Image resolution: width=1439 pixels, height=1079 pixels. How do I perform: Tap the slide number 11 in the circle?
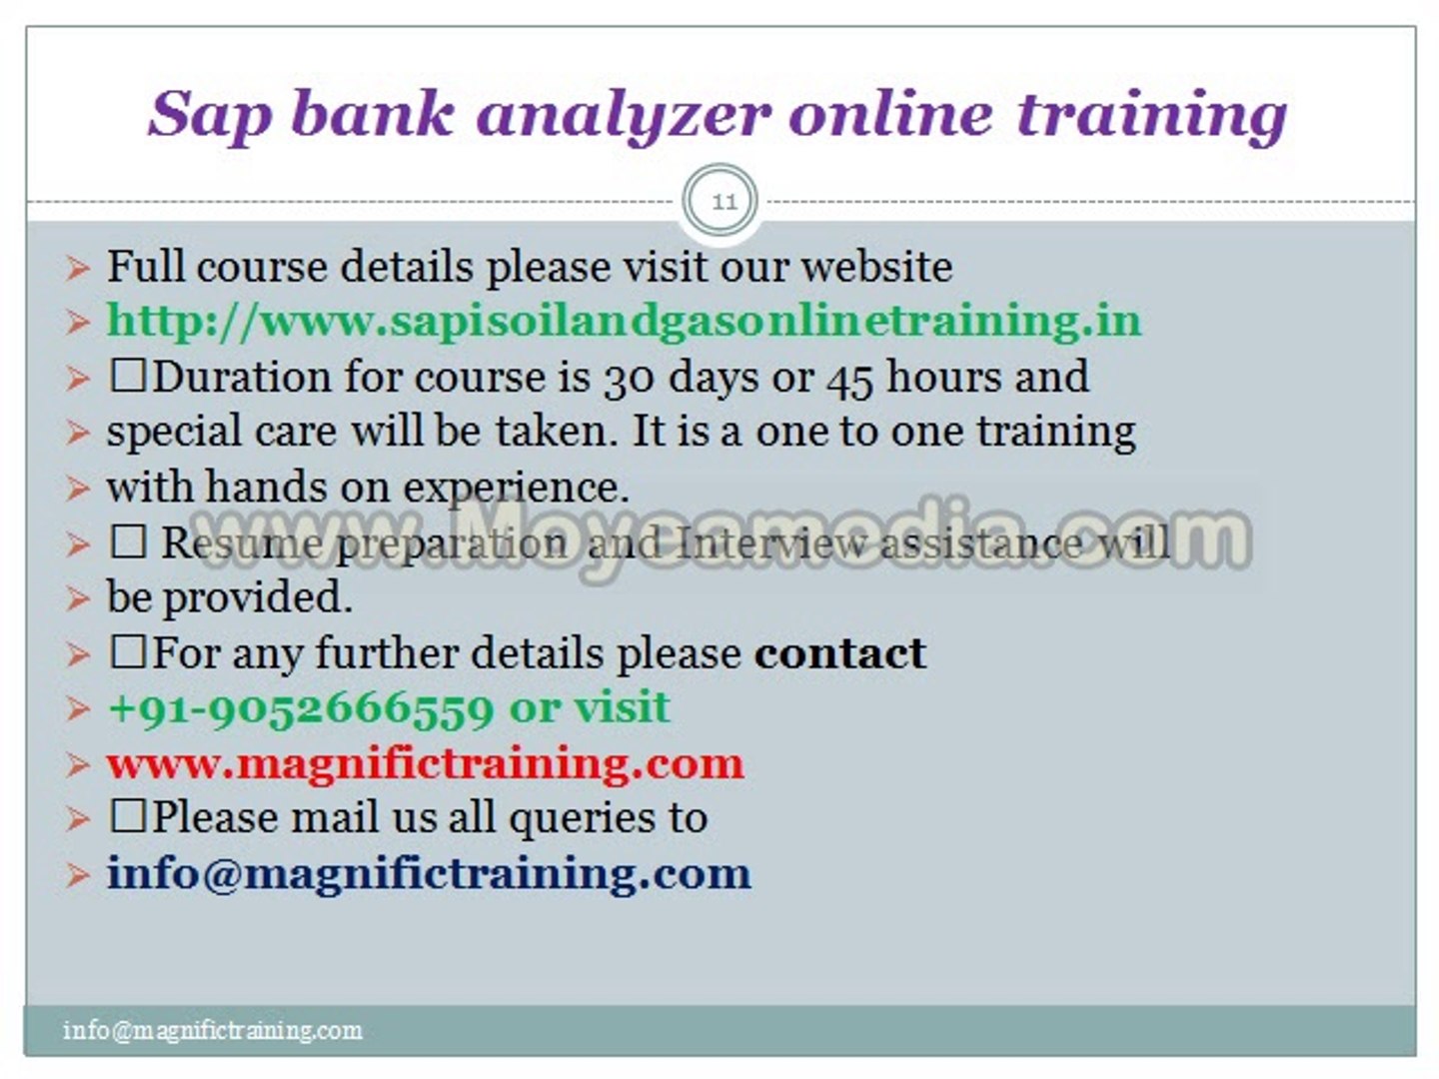coord(723,201)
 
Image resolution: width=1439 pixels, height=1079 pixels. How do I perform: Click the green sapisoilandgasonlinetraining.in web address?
coord(625,322)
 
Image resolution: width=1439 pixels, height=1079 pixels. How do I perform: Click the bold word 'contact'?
coord(839,652)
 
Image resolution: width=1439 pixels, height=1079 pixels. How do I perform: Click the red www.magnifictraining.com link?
coord(425,764)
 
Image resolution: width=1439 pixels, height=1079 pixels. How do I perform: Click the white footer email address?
coord(213,1030)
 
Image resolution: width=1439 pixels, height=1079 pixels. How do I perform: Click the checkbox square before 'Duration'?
coord(128,376)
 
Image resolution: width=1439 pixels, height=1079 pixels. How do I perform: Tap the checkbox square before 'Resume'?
coord(128,541)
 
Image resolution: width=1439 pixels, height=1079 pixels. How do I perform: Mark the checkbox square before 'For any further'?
coord(128,651)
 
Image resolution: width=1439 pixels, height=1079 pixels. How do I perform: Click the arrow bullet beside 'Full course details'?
coord(77,269)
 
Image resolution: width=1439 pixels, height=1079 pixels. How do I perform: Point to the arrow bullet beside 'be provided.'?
coord(77,598)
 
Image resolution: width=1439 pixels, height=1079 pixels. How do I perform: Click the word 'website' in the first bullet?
coord(877,267)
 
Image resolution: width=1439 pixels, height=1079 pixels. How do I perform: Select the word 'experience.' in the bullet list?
coord(516,489)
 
